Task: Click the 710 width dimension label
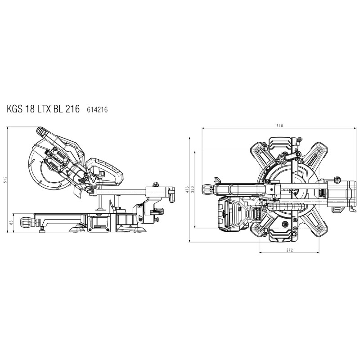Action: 279,126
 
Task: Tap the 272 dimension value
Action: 290,250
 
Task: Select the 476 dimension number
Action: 187,189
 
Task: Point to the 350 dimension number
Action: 193,189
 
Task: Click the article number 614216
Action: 97,109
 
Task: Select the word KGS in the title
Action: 14,109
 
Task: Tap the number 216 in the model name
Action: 72,109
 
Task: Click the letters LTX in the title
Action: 44,109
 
